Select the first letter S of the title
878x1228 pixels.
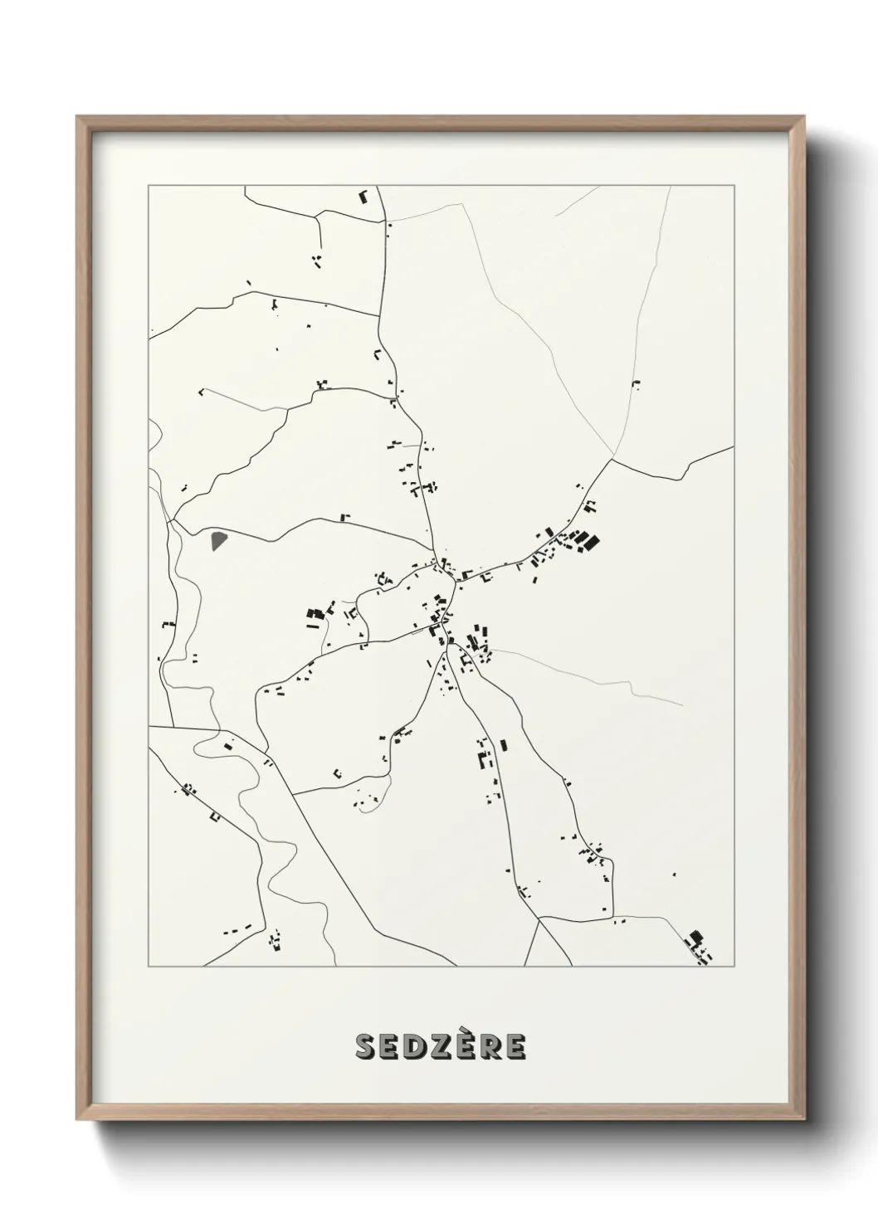[366, 1047]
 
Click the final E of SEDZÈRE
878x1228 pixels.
[515, 1047]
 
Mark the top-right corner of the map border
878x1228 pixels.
[735, 186]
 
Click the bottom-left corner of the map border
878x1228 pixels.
[149, 967]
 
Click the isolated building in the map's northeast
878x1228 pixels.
[636, 383]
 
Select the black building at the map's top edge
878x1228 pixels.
[363, 197]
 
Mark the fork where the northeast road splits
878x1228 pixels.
[613, 457]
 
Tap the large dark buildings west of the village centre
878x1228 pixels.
[315, 614]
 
